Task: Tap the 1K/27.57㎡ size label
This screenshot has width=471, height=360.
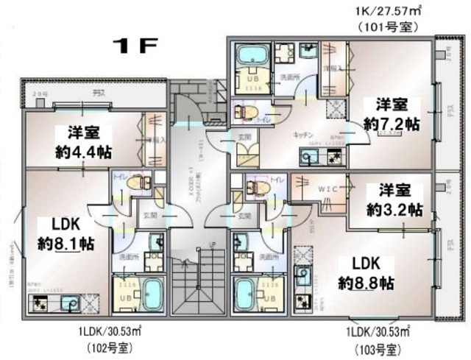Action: tap(388, 10)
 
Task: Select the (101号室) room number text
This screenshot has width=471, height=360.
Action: tap(388, 27)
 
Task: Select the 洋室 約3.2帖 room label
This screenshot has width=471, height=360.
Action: tap(394, 199)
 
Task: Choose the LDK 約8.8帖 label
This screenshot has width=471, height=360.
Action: tap(366, 273)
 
